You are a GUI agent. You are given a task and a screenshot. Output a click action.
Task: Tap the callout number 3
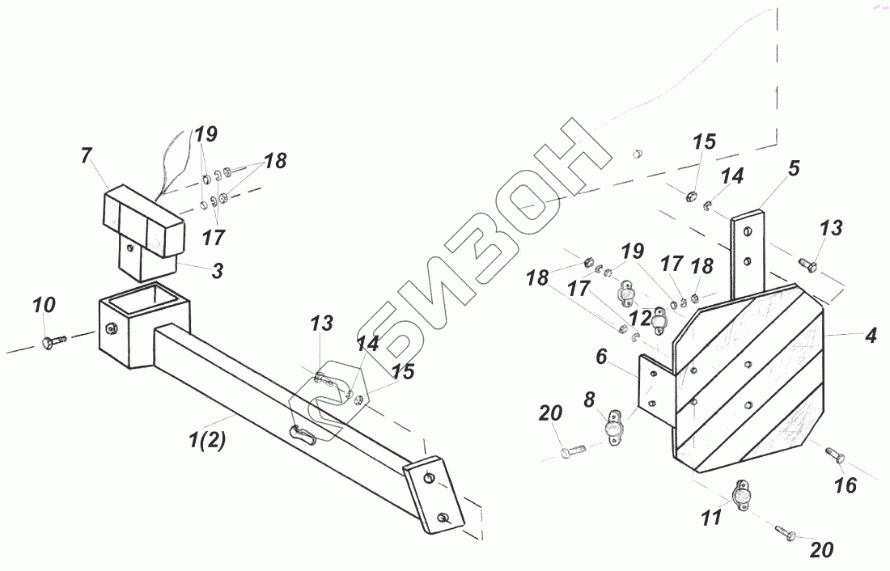pyautogui.click(x=217, y=272)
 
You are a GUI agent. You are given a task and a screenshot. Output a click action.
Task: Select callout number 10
pyautogui.click(x=44, y=306)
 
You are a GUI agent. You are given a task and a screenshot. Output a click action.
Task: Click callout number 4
pyautogui.click(x=871, y=335)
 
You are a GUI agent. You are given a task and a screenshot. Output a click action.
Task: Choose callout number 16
pyautogui.click(x=845, y=485)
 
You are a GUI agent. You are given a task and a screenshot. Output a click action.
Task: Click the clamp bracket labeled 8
pyautogui.click(x=614, y=425)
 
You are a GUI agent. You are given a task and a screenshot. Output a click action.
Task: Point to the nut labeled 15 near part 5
pyautogui.click(x=693, y=195)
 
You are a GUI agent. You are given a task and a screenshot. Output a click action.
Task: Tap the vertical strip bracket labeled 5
pyautogui.click(x=748, y=251)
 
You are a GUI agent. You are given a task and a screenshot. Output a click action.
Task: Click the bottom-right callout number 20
pyautogui.click(x=821, y=550)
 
